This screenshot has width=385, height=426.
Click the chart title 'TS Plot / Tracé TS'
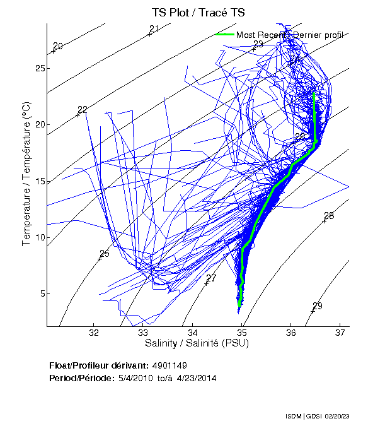[198, 12]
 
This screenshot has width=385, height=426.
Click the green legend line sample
[224, 34]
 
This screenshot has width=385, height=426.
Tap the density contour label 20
[58, 46]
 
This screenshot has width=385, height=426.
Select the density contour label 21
[154, 28]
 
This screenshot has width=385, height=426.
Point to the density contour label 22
[82, 110]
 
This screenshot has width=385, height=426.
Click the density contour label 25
[105, 254]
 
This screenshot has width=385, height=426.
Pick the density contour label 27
[211, 278]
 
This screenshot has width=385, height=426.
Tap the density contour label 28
[329, 216]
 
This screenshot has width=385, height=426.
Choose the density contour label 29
[318, 306]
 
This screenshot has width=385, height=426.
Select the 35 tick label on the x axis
[242, 333]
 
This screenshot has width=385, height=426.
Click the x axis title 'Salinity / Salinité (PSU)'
[197, 344]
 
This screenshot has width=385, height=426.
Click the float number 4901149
[170, 365]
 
